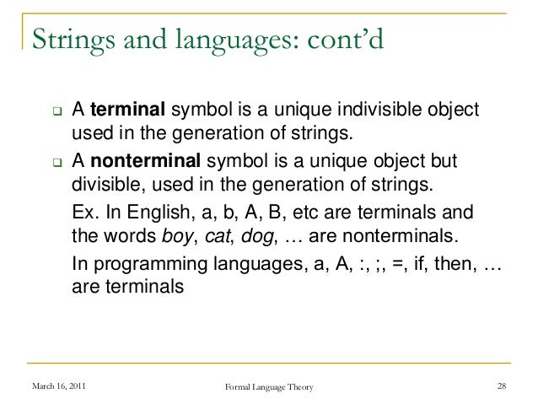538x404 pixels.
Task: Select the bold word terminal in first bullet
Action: (x=129, y=110)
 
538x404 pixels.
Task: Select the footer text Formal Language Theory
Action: (x=269, y=386)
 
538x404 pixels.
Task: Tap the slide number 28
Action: (x=502, y=386)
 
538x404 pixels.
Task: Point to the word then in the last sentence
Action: (x=452, y=262)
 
